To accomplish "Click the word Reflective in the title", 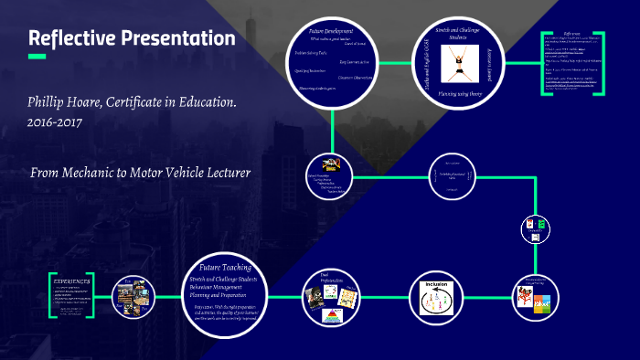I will click(x=70, y=38).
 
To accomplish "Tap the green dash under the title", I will click(x=37, y=58).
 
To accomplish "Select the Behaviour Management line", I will click(x=223, y=287).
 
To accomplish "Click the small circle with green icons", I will click(x=533, y=228).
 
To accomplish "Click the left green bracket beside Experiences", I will click(x=50, y=294).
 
